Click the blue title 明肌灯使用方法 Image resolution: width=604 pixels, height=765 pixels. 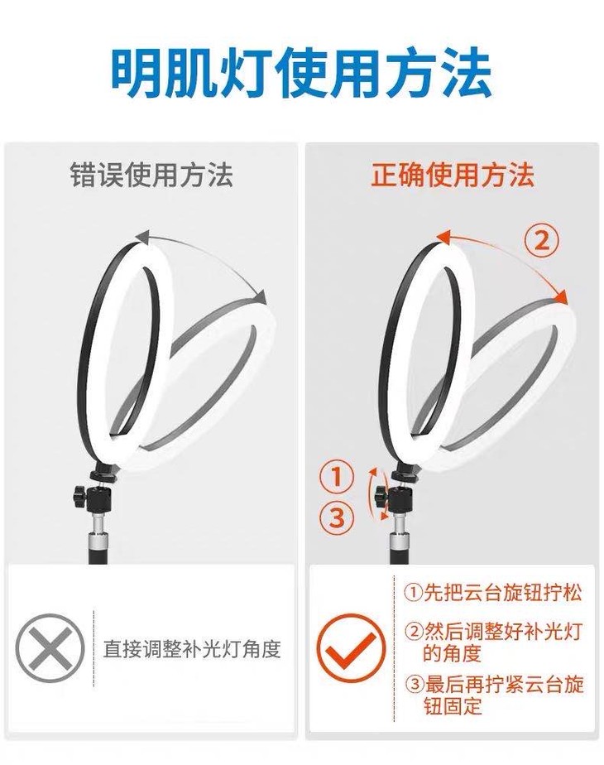(x=301, y=73)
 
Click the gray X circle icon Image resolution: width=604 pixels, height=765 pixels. (x=50, y=648)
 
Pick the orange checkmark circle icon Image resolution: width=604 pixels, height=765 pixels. (x=351, y=648)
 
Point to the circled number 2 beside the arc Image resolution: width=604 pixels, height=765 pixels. (x=541, y=242)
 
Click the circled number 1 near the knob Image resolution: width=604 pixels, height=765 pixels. (x=337, y=476)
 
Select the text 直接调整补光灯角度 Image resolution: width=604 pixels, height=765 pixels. (x=192, y=649)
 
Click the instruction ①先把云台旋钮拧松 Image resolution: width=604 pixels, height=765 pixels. (x=493, y=593)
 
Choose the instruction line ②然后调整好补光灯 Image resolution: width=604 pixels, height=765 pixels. (x=494, y=632)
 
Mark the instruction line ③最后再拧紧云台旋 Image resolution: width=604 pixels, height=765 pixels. (x=494, y=685)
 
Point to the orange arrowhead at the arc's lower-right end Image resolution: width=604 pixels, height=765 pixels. (x=562, y=296)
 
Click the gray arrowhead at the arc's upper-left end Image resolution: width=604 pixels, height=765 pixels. (x=142, y=237)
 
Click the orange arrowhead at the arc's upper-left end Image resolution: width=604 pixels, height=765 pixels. (x=444, y=237)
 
